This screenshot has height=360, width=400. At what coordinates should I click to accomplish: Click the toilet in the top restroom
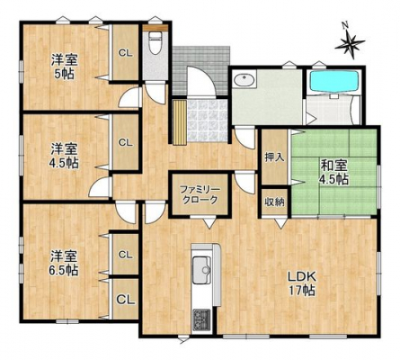pos(155,43)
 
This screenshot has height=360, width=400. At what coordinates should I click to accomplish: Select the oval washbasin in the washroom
pos(245,80)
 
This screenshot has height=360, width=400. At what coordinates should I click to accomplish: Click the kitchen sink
pos(201,270)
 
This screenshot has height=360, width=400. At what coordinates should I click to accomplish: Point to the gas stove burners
pos(201,319)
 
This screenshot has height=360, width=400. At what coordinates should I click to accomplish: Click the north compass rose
pos(350,42)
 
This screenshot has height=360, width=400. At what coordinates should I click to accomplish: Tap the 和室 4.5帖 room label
pos(334,172)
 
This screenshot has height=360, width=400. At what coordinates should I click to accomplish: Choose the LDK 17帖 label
pos(301,283)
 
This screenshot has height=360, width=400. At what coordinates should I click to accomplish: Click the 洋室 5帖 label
pos(64,66)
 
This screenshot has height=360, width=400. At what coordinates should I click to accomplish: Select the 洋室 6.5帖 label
pos(64,263)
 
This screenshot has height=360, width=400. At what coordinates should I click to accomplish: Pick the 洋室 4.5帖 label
pos(64,156)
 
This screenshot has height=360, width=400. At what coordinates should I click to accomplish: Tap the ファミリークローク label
pos(200,194)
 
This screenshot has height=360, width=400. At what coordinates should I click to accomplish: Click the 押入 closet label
pos(274,157)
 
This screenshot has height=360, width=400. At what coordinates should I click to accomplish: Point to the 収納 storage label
pos(274,202)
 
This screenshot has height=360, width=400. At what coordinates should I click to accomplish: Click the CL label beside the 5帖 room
pos(125,53)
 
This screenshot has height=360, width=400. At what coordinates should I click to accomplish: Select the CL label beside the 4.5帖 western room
pos(125,142)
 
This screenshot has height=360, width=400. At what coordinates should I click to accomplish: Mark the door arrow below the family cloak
pos(209,223)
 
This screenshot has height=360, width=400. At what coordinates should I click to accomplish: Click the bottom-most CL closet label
pos(126,299)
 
